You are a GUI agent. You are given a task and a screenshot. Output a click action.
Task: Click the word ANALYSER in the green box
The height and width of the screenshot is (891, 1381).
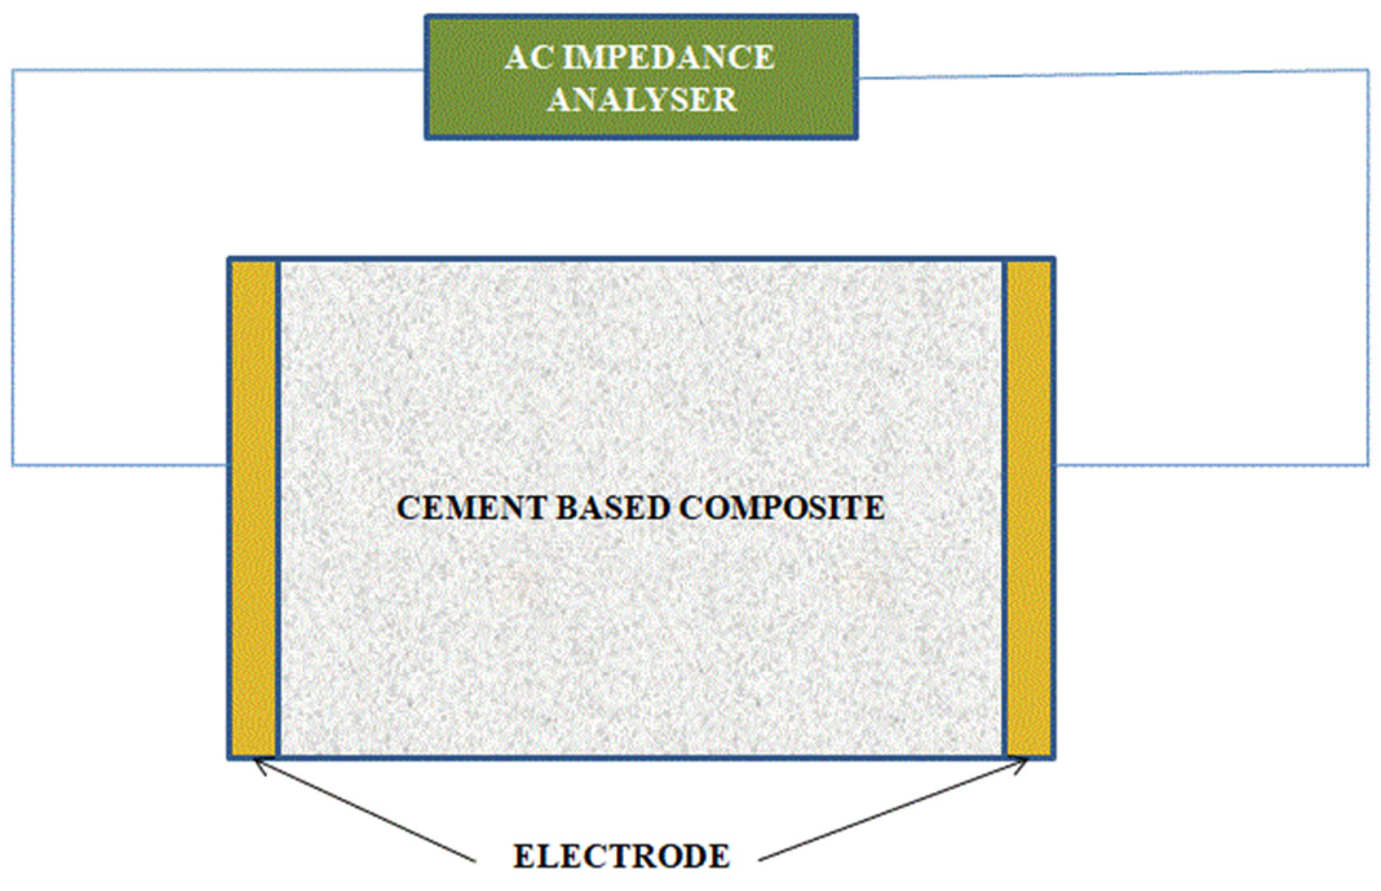pyautogui.click(x=642, y=100)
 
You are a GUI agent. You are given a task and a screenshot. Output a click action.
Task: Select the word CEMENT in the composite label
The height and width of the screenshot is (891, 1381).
pyautogui.click(x=471, y=508)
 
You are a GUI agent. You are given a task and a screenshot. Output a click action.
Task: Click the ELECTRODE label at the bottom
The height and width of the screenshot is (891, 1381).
pyautogui.click(x=621, y=855)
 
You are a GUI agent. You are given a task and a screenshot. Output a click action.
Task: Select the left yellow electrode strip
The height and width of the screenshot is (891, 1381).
pyautogui.click(x=253, y=508)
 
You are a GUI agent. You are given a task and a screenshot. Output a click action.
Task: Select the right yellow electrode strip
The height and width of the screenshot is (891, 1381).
pyautogui.click(x=1029, y=508)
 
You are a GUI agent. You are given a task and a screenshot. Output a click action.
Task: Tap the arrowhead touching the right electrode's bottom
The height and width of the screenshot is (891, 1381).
pyautogui.click(x=1022, y=764)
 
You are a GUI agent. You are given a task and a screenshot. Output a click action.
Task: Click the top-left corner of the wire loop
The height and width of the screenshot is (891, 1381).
pyautogui.click(x=13, y=70)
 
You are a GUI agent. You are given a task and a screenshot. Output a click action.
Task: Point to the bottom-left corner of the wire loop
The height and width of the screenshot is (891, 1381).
pyautogui.click(x=13, y=464)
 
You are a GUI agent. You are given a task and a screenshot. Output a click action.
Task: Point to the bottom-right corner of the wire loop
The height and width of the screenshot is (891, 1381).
pyautogui.click(x=1367, y=464)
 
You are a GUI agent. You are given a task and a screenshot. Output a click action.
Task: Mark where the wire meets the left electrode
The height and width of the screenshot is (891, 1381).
pyautogui.click(x=228, y=464)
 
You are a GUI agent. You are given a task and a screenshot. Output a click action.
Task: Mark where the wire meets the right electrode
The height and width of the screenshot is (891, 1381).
pyautogui.click(x=1055, y=464)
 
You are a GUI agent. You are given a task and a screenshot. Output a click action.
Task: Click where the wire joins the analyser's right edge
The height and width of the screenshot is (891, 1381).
pyautogui.click(x=858, y=78)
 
